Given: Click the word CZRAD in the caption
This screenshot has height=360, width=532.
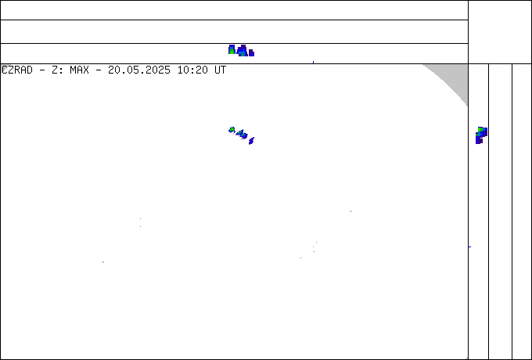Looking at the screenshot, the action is click(x=17, y=70).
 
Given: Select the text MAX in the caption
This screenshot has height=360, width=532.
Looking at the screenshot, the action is click(x=79, y=70).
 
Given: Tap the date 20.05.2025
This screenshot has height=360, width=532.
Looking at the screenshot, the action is click(x=139, y=70).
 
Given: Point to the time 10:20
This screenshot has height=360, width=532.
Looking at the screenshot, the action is click(x=192, y=70).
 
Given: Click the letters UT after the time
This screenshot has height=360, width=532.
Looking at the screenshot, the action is click(x=220, y=70).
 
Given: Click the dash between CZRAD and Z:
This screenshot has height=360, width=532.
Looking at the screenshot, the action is click(x=42, y=70).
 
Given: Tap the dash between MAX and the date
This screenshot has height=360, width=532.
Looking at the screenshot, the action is click(x=99, y=70).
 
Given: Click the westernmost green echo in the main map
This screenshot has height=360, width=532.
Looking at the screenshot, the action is click(x=232, y=130).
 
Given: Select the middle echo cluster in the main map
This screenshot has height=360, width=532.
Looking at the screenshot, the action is click(x=242, y=135).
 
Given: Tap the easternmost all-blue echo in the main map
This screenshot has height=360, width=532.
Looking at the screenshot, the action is click(x=251, y=140).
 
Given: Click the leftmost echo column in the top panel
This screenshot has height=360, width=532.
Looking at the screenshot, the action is click(x=232, y=49).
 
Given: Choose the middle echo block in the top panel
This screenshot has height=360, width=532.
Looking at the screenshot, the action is click(x=243, y=51).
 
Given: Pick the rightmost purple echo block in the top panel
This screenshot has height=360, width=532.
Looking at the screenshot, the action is click(x=251, y=53).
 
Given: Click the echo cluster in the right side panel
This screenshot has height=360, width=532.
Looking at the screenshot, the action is click(x=481, y=135).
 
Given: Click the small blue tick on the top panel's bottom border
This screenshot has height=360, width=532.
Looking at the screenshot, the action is click(x=313, y=62).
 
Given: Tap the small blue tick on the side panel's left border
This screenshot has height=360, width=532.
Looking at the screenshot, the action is click(x=470, y=247).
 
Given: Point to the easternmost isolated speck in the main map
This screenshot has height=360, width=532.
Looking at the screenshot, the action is click(x=350, y=211).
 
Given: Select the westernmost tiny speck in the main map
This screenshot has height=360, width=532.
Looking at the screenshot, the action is click(x=103, y=262).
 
